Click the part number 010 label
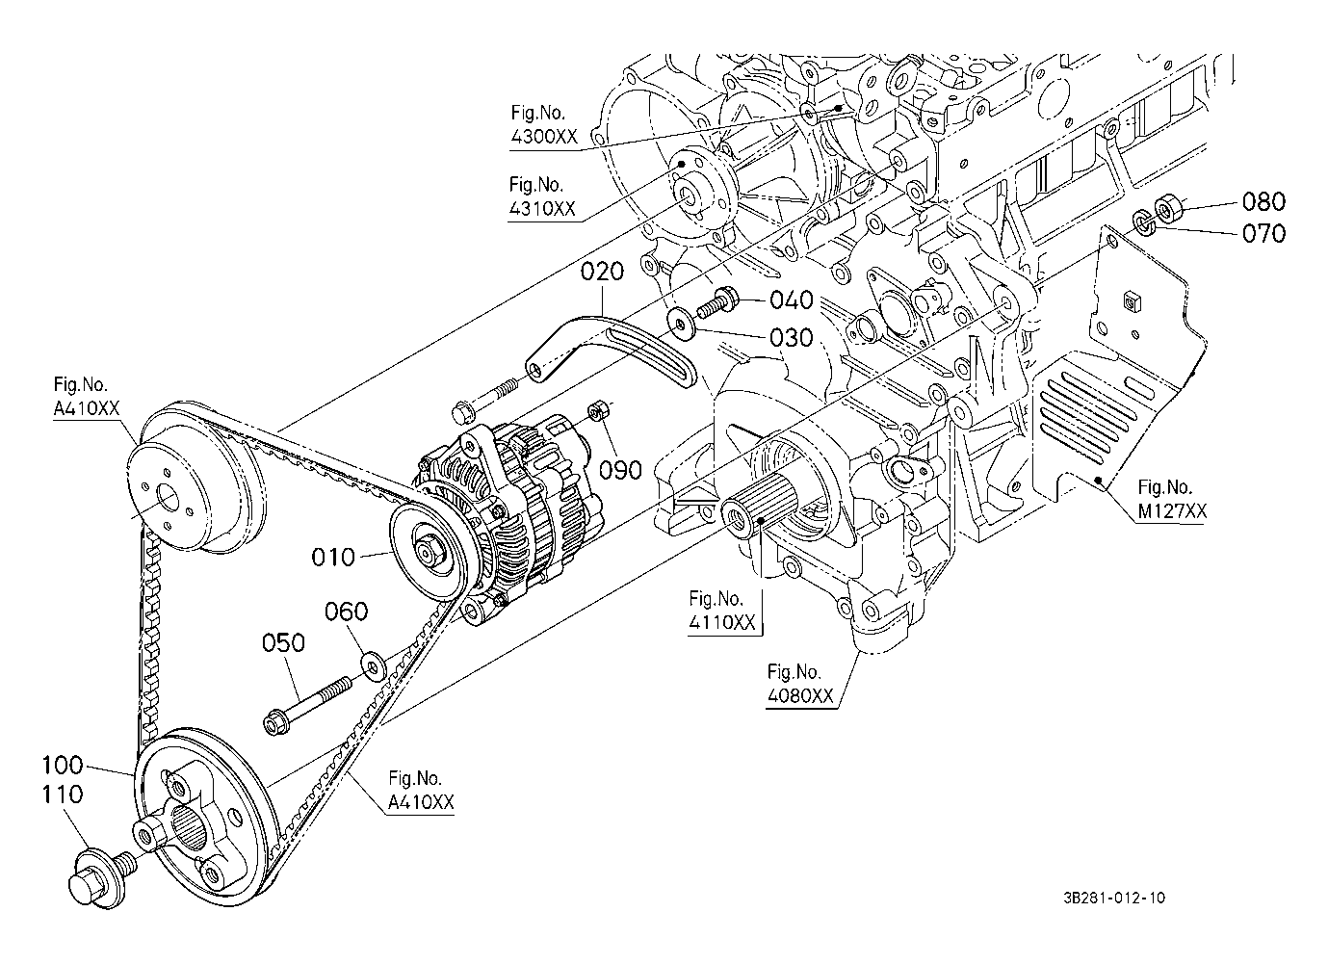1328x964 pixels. click(x=333, y=557)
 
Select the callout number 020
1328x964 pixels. click(x=603, y=272)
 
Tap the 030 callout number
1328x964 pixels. click(x=793, y=338)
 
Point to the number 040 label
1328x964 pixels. click(x=793, y=301)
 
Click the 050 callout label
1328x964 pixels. click(x=284, y=643)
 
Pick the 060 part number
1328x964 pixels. click(x=346, y=612)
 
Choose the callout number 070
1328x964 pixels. click(x=1263, y=233)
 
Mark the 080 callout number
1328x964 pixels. click(x=1263, y=202)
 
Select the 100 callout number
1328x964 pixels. click(x=63, y=766)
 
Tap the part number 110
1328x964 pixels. click(x=63, y=795)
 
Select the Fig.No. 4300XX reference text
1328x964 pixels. click(x=544, y=125)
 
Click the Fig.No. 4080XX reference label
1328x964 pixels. click(x=800, y=684)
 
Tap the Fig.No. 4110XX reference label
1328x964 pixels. click(x=722, y=611)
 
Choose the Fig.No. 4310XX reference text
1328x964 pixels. click(x=542, y=195)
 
